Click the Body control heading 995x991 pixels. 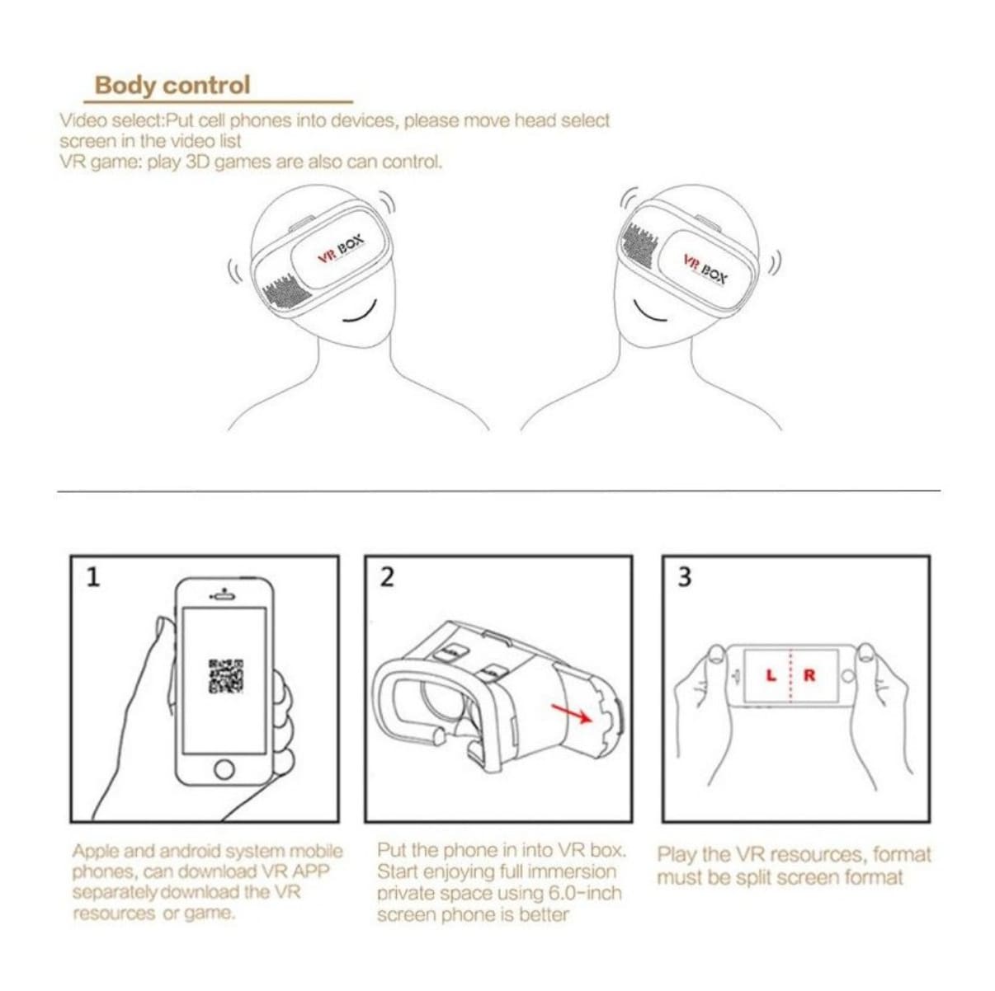172,85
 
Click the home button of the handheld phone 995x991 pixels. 224,769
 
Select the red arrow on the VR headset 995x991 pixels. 572,712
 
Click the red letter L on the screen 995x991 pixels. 771,675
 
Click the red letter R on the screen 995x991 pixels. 809,675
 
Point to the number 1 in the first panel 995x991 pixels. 92,577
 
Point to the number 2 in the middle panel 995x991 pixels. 386,577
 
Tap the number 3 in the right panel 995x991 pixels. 684,577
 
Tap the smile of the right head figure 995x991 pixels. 651,314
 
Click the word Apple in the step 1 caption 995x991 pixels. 96,851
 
